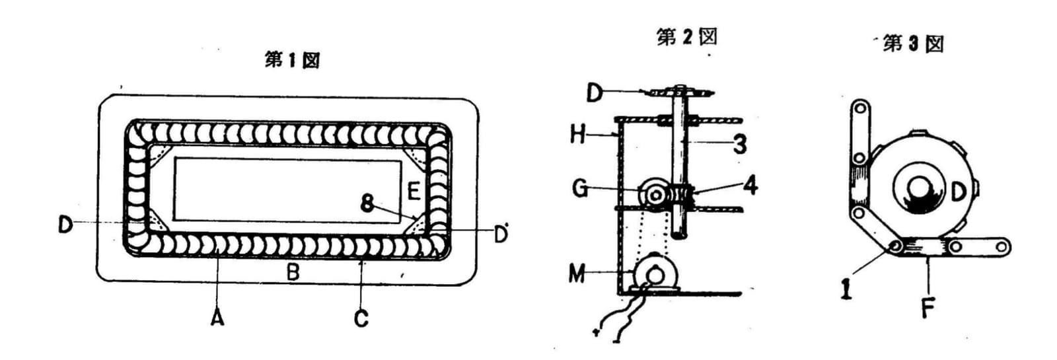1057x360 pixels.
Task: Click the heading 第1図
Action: (293, 60)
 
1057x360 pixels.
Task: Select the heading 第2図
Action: (686, 37)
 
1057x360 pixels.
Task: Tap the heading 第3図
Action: (913, 44)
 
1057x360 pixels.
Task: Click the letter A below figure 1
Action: (217, 318)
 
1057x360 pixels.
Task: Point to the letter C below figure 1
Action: (361, 319)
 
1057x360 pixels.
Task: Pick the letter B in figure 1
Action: (293, 271)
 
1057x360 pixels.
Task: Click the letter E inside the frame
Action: (414, 192)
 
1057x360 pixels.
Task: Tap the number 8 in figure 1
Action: (367, 204)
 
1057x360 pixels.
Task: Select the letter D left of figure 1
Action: (65, 224)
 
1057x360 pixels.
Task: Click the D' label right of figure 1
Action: (501, 234)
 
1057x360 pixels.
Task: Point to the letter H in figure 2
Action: (579, 135)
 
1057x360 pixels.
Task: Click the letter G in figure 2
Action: (581, 189)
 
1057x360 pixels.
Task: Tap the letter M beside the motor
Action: (577, 273)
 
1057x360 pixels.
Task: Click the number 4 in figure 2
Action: (750, 185)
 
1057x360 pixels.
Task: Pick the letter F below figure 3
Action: (928, 309)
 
